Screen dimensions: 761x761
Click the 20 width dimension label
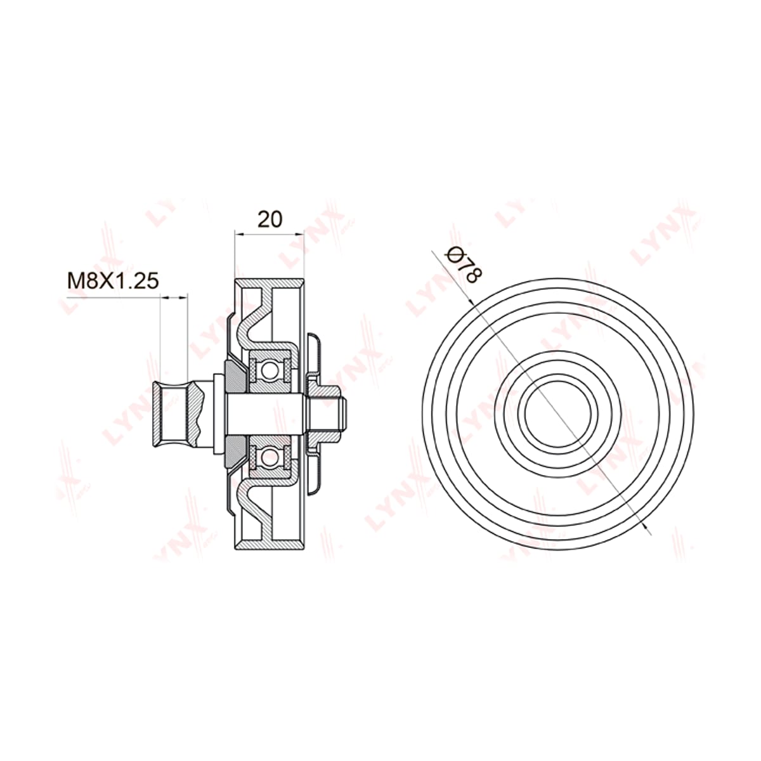coord(270,219)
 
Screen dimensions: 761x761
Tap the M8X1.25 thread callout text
coord(113,281)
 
